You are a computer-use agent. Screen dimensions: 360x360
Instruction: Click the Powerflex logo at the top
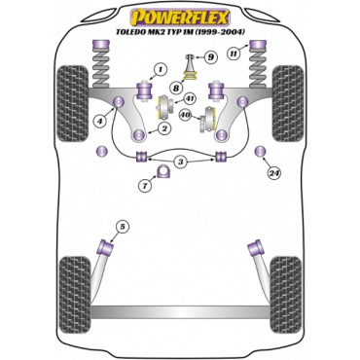pos(180,18)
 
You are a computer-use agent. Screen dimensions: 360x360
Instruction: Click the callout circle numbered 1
pos(161,70)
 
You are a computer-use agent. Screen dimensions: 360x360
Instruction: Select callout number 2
pos(165,128)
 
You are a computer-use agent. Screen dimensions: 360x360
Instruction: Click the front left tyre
pos(72,103)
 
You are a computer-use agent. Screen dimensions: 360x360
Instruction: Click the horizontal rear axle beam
pos(180,311)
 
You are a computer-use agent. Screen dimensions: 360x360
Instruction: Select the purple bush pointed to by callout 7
pos(163,171)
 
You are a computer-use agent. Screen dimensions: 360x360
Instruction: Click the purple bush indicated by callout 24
pos(261,151)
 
